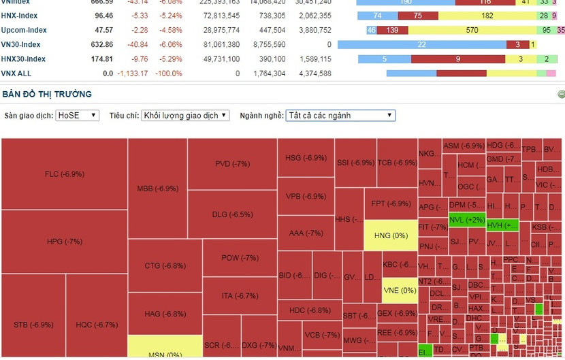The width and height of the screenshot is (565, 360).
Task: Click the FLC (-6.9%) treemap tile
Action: (64, 174)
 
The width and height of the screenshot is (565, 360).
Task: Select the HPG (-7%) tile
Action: (64, 242)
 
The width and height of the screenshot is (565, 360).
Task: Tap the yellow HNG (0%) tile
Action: (391, 235)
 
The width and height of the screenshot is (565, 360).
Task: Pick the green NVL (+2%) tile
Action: (467, 220)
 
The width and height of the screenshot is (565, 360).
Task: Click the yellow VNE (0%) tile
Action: (400, 291)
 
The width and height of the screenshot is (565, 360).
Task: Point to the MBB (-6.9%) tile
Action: (157, 188)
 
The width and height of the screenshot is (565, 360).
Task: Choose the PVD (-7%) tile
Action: (232, 164)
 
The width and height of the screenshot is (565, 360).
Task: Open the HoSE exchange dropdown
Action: (77, 116)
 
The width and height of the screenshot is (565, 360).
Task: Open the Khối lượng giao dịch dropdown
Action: (185, 116)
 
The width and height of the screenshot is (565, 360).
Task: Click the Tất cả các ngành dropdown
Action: (340, 116)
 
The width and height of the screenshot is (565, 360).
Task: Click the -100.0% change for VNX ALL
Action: (168, 73)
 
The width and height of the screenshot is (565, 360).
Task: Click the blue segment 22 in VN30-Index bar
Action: (421, 45)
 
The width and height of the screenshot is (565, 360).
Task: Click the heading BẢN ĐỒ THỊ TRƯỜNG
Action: (47, 94)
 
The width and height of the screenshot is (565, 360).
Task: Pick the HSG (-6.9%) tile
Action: (306, 158)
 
